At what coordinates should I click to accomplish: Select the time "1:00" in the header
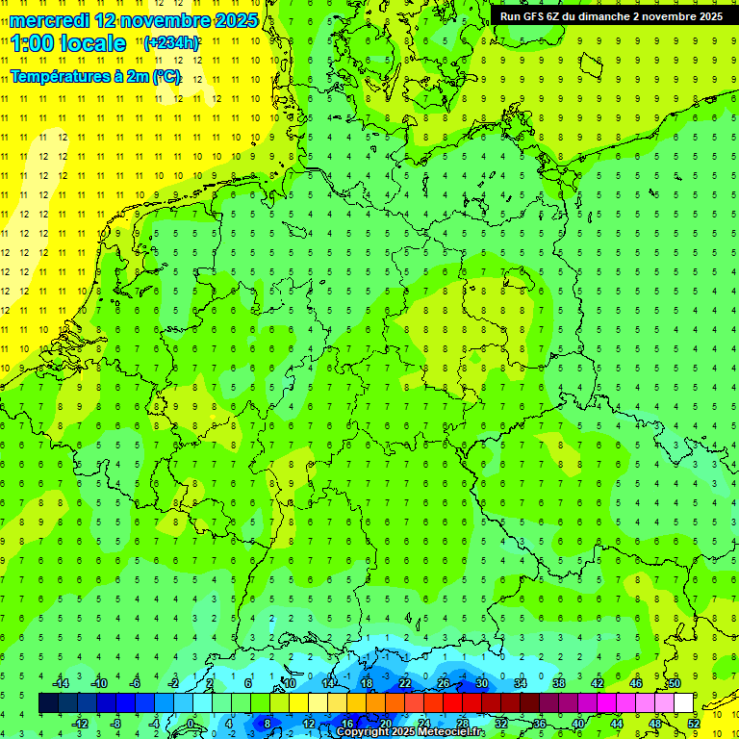coord(35,43)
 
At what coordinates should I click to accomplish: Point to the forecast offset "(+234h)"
coord(171,43)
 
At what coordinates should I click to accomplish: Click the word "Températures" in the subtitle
coord(57,76)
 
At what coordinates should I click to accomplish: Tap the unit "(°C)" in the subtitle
coord(166,76)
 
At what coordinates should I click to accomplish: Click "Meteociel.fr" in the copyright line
coord(442,732)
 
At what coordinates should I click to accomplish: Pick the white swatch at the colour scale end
coord(683,703)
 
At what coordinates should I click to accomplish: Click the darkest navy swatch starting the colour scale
coord(48,703)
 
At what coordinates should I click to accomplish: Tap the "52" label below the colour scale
coord(694,724)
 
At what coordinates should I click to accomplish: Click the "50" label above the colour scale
coord(675,683)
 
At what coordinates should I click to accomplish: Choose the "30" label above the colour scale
coord(482,683)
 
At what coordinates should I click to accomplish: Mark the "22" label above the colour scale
coord(405,683)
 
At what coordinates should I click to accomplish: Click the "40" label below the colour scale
coord(578,724)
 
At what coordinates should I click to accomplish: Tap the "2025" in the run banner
coord(708,16)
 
